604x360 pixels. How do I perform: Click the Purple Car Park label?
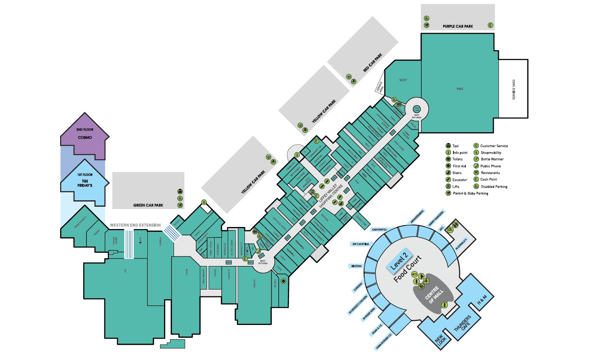tap(458, 26)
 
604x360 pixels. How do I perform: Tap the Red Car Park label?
tap(372, 63)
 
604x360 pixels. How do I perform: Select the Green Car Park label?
tap(148, 205)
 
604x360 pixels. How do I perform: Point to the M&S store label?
tap(460, 88)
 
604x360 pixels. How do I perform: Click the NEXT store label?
tap(403, 80)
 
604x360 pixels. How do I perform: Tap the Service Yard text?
tap(514, 89)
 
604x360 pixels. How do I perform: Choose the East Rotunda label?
tap(416, 116)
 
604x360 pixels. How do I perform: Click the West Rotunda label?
tap(262, 262)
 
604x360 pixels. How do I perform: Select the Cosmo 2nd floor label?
tap(85, 137)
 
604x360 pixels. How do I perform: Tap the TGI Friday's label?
tap(85, 183)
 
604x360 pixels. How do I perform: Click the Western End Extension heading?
tap(135, 225)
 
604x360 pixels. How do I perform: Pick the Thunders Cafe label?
tap(462, 323)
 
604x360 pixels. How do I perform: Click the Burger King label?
tap(369, 314)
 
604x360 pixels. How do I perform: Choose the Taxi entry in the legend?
tap(455, 146)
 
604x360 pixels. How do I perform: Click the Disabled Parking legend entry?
tap(494, 186)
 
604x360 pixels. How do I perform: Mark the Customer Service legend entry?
tap(494, 146)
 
